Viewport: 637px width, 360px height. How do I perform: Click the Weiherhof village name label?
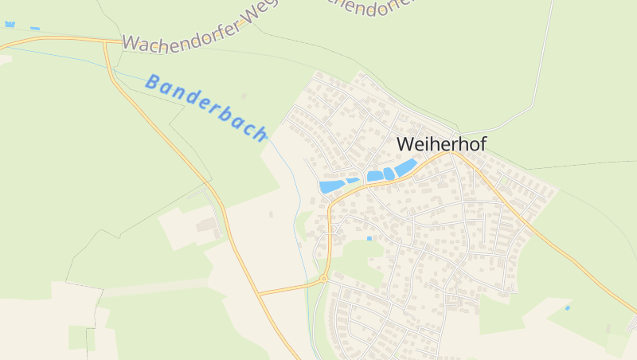click(440, 144)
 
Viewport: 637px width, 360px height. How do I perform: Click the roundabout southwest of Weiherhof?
click(324, 278)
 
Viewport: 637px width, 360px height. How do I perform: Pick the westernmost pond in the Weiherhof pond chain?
click(331, 186)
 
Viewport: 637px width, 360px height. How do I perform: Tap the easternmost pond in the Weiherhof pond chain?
click(405, 167)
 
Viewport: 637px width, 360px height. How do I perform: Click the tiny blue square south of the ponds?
click(369, 238)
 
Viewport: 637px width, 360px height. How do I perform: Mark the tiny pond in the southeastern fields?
click(568, 307)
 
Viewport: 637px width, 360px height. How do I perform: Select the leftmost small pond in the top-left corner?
click(10, 25)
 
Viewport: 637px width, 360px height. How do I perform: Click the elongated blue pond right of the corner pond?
click(34, 29)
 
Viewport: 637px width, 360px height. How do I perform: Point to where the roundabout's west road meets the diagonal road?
click(260, 293)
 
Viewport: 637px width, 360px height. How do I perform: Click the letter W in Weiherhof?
click(405, 144)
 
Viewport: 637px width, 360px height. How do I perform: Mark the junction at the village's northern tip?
click(457, 132)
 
